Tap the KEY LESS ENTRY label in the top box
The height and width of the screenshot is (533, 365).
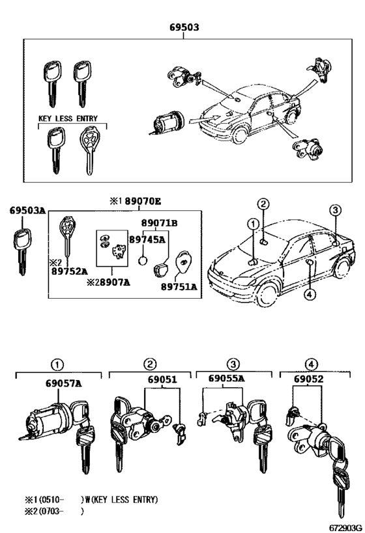click(67, 118)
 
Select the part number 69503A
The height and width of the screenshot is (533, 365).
click(27, 211)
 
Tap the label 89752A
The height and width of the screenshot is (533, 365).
click(69, 271)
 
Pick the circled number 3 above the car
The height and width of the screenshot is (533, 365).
click(334, 210)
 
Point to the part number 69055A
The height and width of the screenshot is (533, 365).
click(226, 379)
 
